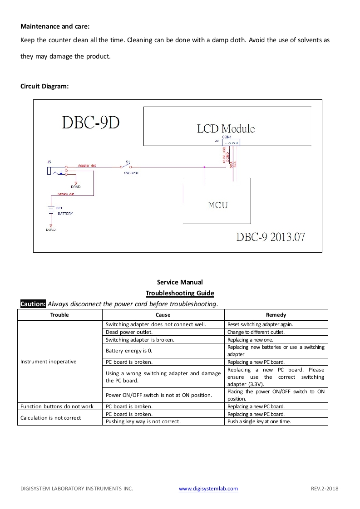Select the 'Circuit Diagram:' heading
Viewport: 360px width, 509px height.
coord(44,86)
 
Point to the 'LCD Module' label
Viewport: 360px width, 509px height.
coord(226,128)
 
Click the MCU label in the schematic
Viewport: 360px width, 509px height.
coord(218,205)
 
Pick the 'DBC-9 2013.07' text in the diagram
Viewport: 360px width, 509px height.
coord(271,237)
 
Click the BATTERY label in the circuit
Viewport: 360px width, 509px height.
coord(65,214)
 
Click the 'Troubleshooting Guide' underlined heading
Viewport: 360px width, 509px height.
coord(180,293)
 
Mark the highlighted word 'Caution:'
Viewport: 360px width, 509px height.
coord(33,304)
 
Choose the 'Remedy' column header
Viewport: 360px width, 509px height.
coord(276,315)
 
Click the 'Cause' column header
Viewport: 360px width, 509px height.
coord(163,315)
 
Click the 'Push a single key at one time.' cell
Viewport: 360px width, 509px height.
coord(259,421)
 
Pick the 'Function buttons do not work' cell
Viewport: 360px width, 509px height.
coord(57,406)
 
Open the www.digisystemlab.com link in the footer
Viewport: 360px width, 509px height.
coord(208,489)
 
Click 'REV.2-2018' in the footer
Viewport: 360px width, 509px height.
coord(325,489)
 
